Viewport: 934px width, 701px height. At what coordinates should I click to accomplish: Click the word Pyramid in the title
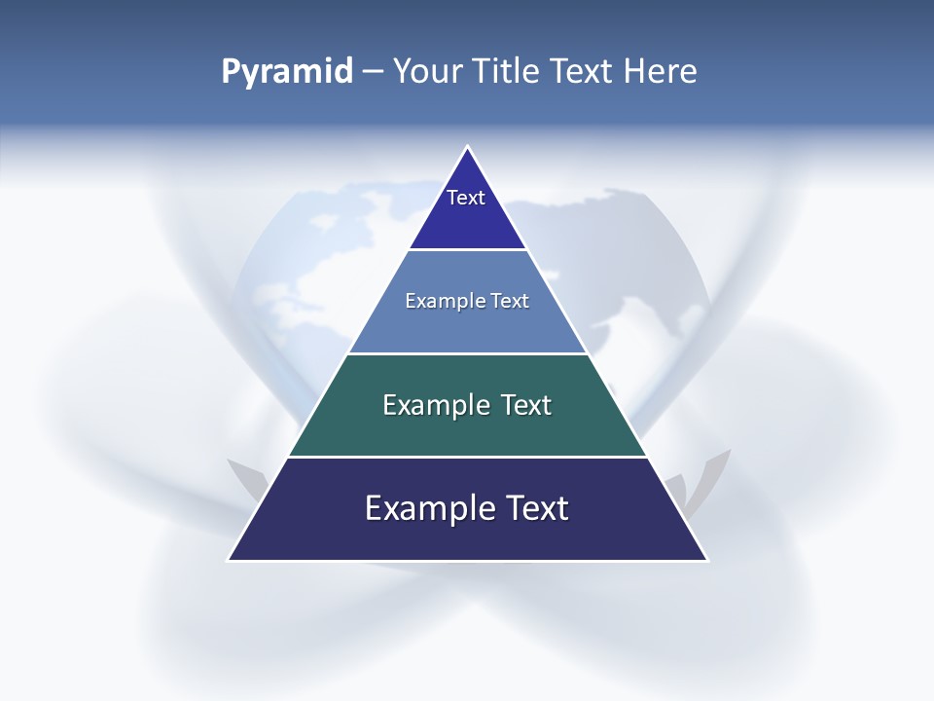pyautogui.click(x=286, y=71)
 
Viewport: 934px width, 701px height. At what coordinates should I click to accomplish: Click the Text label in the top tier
pyautogui.click(x=466, y=198)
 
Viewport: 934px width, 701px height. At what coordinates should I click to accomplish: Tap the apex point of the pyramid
pyautogui.click(x=468, y=147)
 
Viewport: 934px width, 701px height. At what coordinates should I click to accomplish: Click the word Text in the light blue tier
pyautogui.click(x=510, y=301)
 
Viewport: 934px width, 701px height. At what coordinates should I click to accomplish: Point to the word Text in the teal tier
pyautogui.click(x=525, y=405)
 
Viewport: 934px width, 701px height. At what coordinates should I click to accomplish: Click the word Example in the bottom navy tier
pyautogui.click(x=419, y=508)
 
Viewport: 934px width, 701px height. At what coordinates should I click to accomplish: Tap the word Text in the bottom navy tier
pyautogui.click(x=536, y=508)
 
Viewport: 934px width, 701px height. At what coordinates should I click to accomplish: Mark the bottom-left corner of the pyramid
pyautogui.click(x=229, y=560)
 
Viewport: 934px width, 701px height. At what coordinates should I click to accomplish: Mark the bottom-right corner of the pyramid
pyautogui.click(x=707, y=560)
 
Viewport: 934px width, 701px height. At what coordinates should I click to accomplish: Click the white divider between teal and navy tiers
pyautogui.click(x=467, y=457)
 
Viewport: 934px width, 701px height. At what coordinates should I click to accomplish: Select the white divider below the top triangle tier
pyautogui.click(x=467, y=250)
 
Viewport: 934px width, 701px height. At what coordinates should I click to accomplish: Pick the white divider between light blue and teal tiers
pyautogui.click(x=467, y=353)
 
